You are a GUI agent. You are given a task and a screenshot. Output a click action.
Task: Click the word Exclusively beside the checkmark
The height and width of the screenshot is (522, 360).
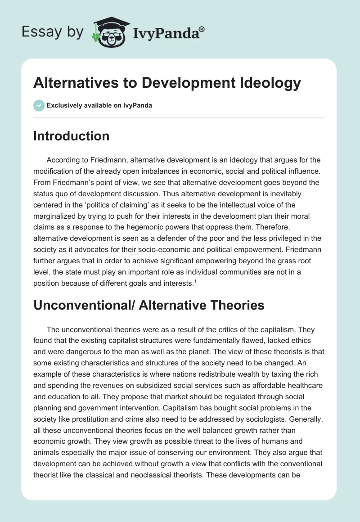[x=63, y=105]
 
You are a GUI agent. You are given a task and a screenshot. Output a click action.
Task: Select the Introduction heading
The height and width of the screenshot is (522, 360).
[x=71, y=136]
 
